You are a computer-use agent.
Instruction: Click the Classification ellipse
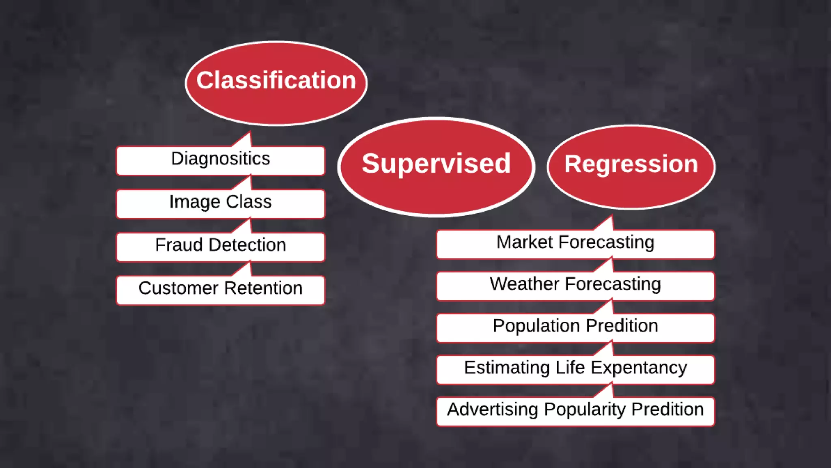(x=276, y=83)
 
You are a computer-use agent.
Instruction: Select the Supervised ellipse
(x=436, y=167)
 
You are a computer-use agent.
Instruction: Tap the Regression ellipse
(x=631, y=167)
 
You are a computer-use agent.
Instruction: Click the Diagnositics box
(x=220, y=160)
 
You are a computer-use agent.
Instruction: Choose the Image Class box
(x=220, y=204)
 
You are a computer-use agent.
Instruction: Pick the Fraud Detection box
(x=220, y=247)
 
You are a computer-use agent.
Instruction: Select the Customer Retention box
(x=220, y=290)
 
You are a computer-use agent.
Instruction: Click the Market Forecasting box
(x=575, y=244)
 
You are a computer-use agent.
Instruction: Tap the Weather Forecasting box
(x=575, y=286)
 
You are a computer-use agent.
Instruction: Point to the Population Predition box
(x=575, y=327)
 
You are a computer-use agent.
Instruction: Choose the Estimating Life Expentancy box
(x=575, y=369)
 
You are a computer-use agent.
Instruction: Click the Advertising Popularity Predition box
(x=575, y=411)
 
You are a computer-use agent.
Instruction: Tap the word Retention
(x=263, y=288)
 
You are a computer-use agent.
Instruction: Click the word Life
(x=570, y=368)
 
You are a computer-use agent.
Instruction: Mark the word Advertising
(x=493, y=409)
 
